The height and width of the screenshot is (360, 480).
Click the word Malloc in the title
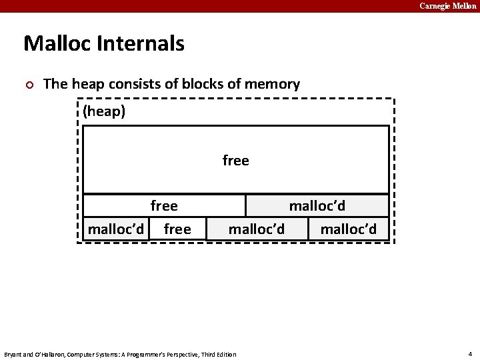click(57, 44)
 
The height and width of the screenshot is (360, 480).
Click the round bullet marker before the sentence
click(28, 85)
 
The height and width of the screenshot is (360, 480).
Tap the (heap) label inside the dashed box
click(104, 111)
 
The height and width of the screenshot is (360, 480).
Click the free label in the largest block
click(235, 161)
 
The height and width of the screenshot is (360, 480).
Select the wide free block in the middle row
click(164, 206)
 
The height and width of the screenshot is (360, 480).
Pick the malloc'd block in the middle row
click(317, 206)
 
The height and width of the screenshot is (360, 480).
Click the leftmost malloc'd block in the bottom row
click(116, 229)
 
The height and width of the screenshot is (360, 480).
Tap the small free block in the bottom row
click(177, 229)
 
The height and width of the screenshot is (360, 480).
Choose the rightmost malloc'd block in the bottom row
click(348, 229)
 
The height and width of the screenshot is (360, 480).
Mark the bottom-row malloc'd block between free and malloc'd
click(257, 229)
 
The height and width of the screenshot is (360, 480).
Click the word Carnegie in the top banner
click(434, 6)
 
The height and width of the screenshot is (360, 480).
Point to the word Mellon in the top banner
click(464, 6)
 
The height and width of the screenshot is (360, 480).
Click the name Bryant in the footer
click(14, 354)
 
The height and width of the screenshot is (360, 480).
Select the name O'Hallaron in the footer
click(47, 354)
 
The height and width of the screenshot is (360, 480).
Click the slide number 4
click(470, 353)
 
